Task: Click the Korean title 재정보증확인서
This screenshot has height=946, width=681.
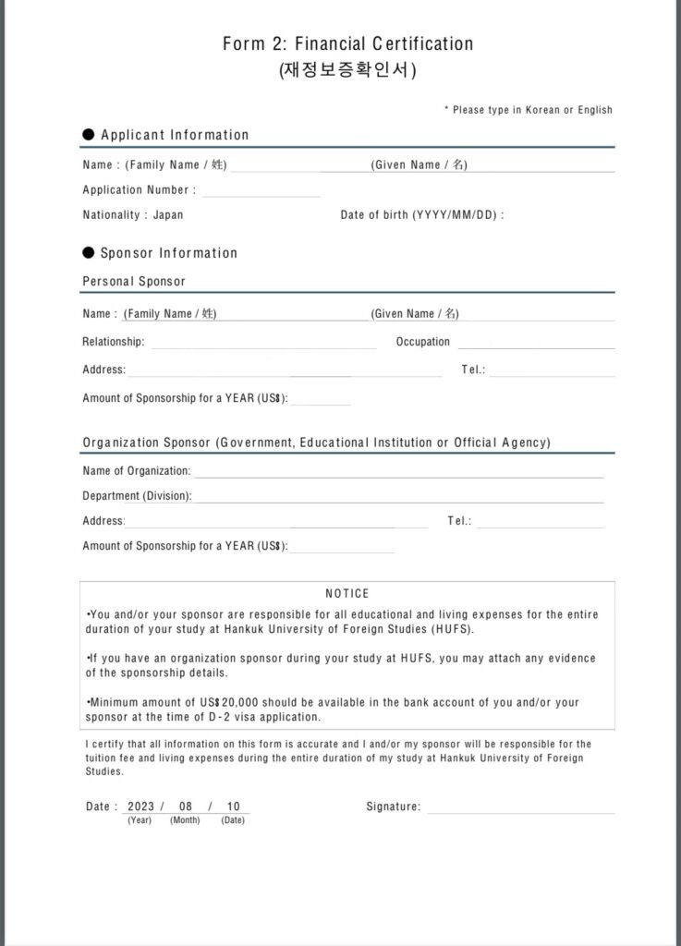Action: click(x=347, y=70)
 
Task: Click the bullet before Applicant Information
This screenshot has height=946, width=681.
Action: click(x=89, y=135)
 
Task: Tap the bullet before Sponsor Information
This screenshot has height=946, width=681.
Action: click(x=89, y=253)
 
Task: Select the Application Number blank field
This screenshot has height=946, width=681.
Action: click(x=261, y=190)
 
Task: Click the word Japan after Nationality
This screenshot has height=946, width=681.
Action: click(x=168, y=215)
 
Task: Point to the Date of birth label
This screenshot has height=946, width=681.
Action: click(x=420, y=215)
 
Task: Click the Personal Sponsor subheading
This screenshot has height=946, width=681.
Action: click(x=134, y=281)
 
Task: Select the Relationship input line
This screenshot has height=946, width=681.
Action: click(x=263, y=343)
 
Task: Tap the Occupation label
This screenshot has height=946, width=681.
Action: click(x=423, y=342)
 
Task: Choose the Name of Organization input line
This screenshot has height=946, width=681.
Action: click(x=397, y=472)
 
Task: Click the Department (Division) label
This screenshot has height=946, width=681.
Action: click(x=137, y=496)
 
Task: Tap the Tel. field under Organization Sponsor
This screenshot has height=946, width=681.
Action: click(x=540, y=522)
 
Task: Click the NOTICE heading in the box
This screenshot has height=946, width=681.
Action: click(x=347, y=593)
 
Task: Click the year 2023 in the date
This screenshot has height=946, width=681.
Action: click(x=141, y=807)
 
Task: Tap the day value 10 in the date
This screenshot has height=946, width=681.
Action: click(x=233, y=807)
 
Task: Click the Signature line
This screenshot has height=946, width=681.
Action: click(x=519, y=807)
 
